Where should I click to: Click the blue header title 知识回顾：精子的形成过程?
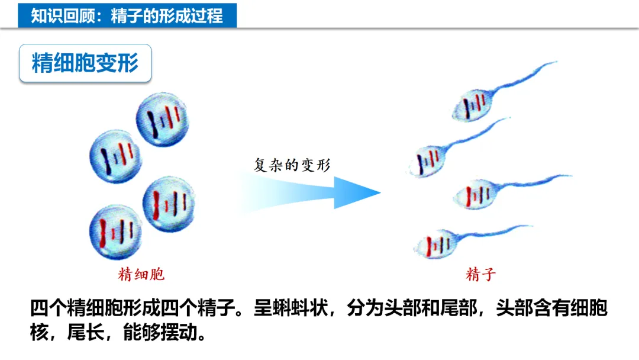pos(127,15)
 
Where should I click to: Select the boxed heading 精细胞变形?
pos(85,63)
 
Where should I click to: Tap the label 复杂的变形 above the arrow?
pos(292,165)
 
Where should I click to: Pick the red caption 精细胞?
pos(141,274)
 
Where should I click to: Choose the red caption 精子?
pos(480,274)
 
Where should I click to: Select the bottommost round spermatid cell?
pos(115,232)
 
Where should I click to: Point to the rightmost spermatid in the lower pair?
pos(169,202)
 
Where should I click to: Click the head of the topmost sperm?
pos(472,106)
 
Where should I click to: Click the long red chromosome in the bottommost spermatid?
pos(104,233)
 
